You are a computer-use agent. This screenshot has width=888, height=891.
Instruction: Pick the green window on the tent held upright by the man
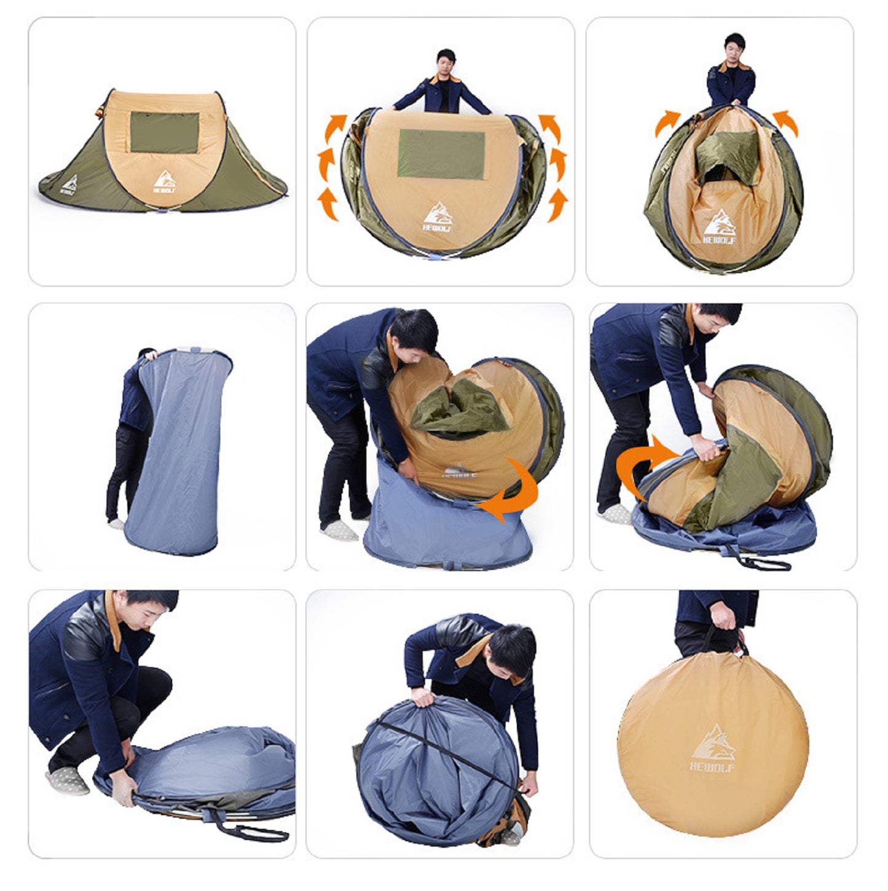point(441,154)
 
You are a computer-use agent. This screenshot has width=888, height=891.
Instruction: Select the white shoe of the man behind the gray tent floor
point(116,523)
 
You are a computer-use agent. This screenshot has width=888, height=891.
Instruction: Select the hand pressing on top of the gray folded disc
point(423,697)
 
